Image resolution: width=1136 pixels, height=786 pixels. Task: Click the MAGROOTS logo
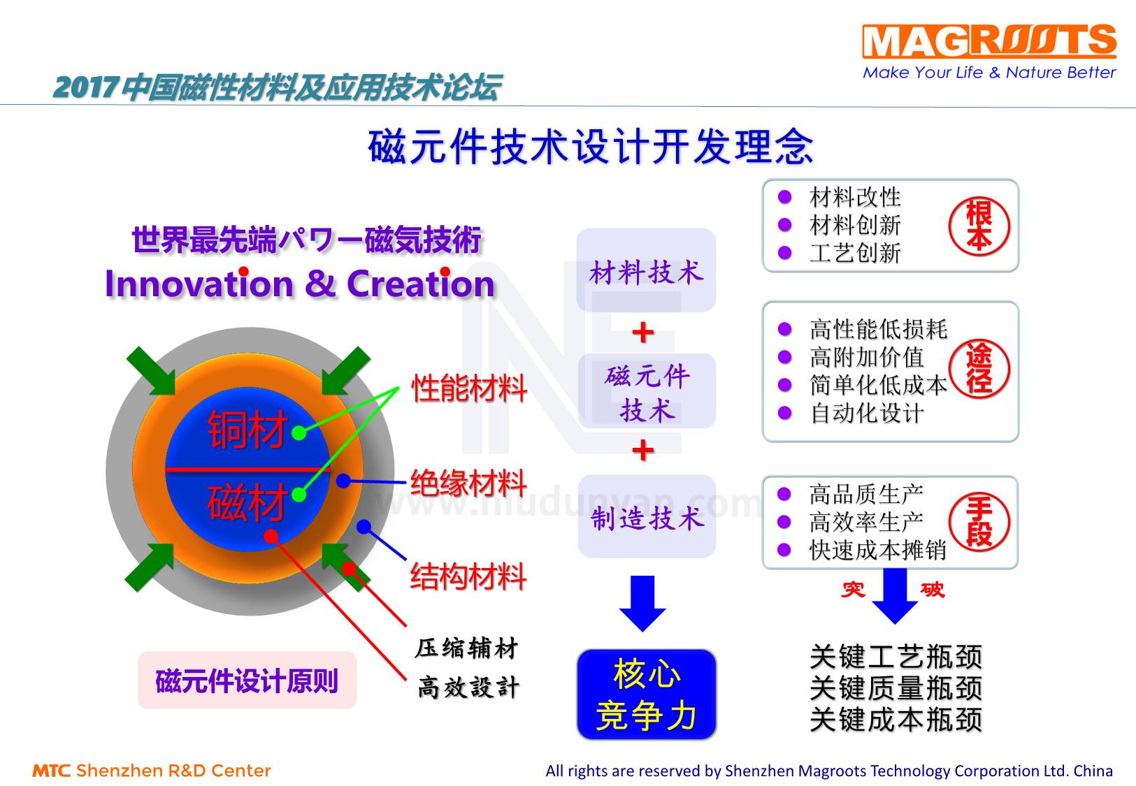pos(988,42)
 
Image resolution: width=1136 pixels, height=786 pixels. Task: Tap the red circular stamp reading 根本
pos(979,226)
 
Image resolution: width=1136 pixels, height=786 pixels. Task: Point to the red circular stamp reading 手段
pos(979,522)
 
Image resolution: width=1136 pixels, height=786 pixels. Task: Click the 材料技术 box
pos(646,271)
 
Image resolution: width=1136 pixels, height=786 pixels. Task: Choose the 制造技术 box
pos(647,518)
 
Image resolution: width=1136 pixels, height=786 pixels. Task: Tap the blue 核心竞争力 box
pos(647,694)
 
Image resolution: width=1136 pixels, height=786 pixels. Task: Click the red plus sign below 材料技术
pos(642,332)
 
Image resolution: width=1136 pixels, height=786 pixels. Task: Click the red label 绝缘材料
pos(468,483)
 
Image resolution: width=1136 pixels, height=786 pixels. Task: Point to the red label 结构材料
pos(468,577)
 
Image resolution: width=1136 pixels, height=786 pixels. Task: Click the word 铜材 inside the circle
pos(248,429)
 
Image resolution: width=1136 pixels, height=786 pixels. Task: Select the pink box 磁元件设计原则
pos(247,681)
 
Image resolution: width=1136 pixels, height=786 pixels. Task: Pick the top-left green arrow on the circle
pos(151,371)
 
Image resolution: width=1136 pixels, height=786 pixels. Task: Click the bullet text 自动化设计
pos(867,413)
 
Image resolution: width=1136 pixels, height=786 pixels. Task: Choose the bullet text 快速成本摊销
pos(878,551)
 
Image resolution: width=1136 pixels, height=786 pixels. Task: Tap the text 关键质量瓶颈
pos(896,688)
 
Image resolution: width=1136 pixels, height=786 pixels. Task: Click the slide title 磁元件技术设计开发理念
pos(591,147)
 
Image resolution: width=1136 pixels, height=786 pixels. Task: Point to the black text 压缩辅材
pos(467,648)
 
